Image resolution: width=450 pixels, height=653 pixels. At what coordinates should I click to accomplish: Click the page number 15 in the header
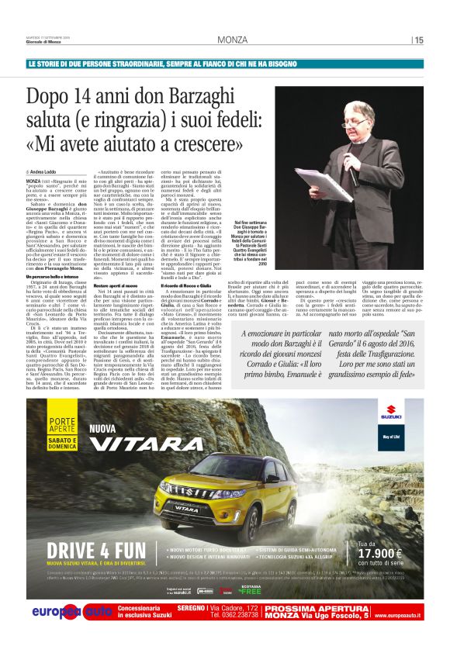pyautogui.click(x=419, y=40)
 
